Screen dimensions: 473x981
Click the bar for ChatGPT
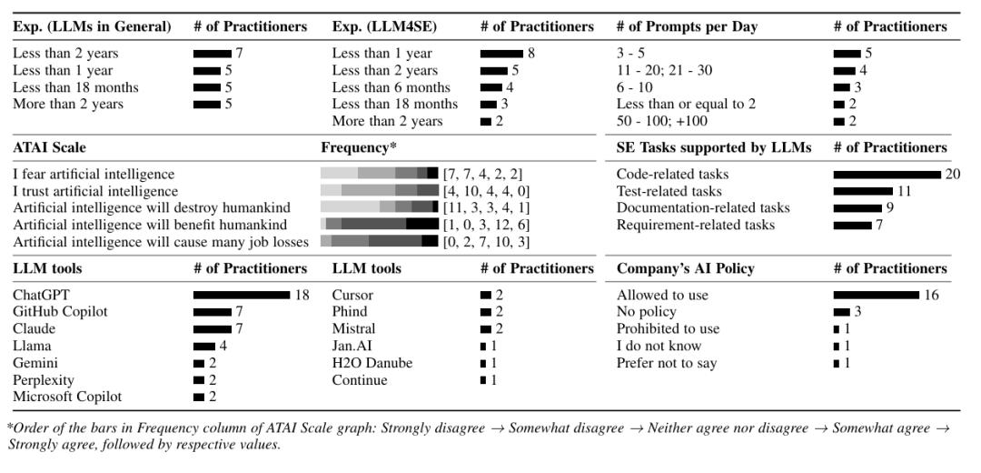click(242, 295)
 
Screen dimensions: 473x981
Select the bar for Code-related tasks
click(887, 174)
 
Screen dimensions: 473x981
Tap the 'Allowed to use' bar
click(876, 295)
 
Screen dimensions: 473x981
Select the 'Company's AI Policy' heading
click(686, 268)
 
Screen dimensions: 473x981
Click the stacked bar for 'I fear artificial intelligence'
click(380, 174)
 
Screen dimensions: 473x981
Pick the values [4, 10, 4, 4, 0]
click(487, 191)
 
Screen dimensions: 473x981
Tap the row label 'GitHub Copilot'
click(60, 312)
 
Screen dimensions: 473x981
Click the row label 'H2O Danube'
click(372, 363)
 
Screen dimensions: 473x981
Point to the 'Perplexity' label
click(44, 380)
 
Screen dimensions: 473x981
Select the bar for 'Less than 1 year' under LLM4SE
click(501, 54)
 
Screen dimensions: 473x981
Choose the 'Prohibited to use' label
click(668, 329)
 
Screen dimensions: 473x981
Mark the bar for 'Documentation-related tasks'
click(857, 208)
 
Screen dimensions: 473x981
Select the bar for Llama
click(204, 346)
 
